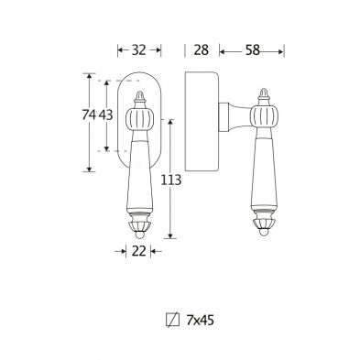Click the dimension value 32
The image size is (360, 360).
139,49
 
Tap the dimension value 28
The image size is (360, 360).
202,49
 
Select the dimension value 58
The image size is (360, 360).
253,50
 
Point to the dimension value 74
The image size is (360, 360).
89,115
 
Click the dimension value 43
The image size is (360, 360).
106,115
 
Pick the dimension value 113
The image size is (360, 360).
171,180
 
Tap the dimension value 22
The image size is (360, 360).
139,251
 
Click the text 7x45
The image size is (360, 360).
201,321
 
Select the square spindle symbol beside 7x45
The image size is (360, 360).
173,321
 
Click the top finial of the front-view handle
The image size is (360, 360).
140,98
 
